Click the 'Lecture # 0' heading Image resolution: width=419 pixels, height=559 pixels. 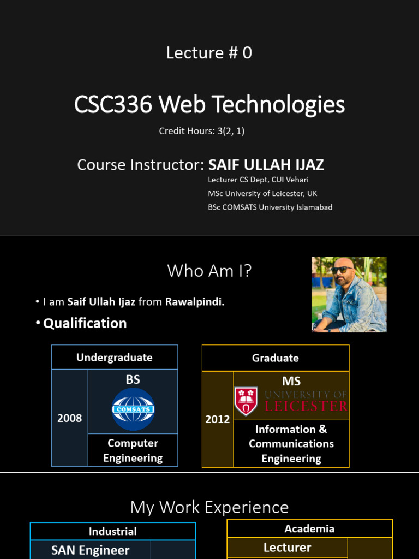pos(209,53)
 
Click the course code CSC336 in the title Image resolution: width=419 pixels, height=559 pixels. pos(113,104)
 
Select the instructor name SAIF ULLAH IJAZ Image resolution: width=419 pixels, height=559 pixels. pos(266,164)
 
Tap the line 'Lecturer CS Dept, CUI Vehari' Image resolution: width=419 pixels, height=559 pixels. pos(259,180)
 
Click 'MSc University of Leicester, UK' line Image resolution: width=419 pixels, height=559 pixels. pos(262,193)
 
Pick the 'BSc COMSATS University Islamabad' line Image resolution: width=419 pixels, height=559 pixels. pos(270,207)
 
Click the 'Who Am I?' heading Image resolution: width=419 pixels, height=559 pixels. pos(209,270)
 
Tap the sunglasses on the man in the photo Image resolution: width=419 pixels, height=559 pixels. pos(342,270)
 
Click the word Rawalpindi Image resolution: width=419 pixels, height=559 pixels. pos(195,302)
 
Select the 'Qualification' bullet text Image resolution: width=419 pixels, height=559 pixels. pos(85,323)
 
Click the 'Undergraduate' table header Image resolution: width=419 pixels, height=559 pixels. pos(115,358)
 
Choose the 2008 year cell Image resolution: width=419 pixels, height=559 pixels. pos(70,418)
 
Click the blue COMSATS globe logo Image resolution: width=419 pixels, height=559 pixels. pos(133,409)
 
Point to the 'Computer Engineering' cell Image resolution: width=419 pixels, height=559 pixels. pos(133,450)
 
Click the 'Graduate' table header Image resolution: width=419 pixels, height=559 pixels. pos(276,358)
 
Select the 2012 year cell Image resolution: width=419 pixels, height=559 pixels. pos(218,420)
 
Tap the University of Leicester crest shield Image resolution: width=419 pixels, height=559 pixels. pos(246,401)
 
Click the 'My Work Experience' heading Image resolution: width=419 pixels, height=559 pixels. pos(209,507)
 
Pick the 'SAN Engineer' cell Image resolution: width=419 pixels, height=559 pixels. pos(91,550)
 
